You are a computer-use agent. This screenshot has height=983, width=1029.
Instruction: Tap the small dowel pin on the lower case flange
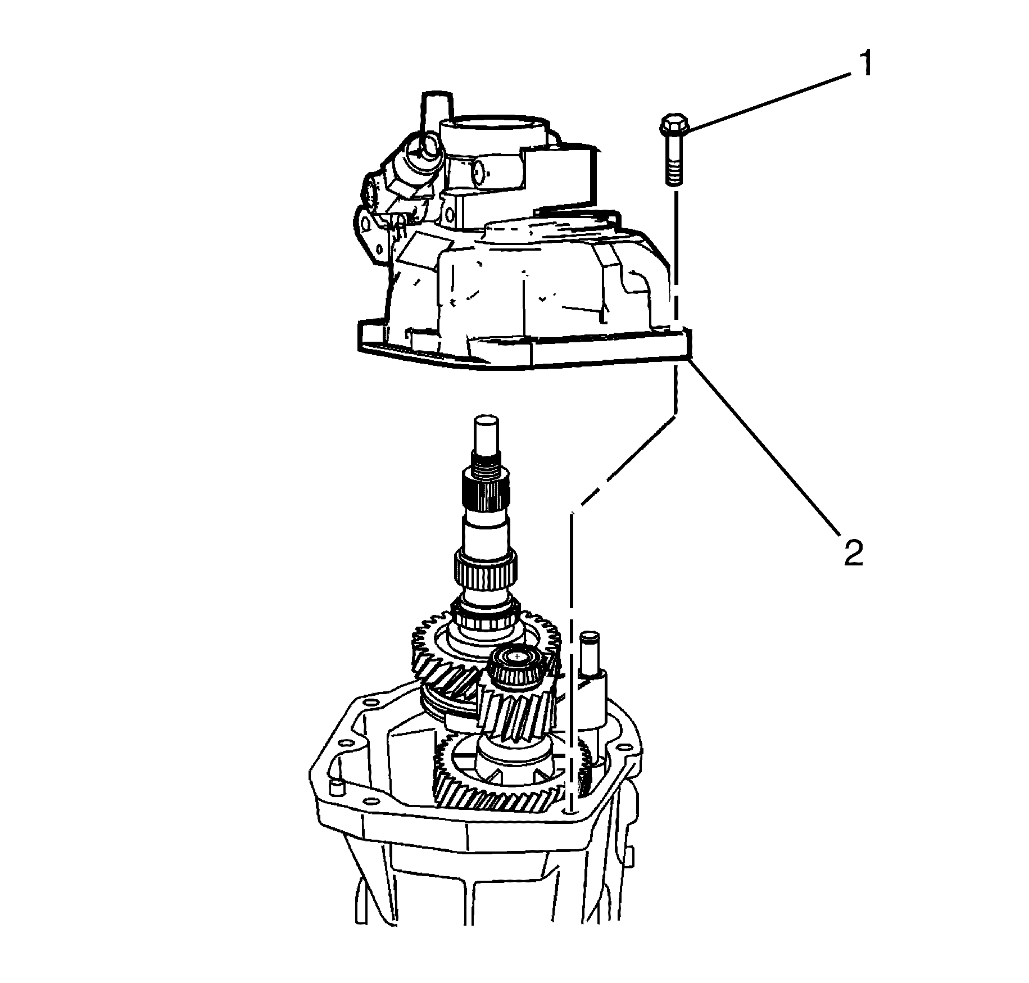coord(336,786)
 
